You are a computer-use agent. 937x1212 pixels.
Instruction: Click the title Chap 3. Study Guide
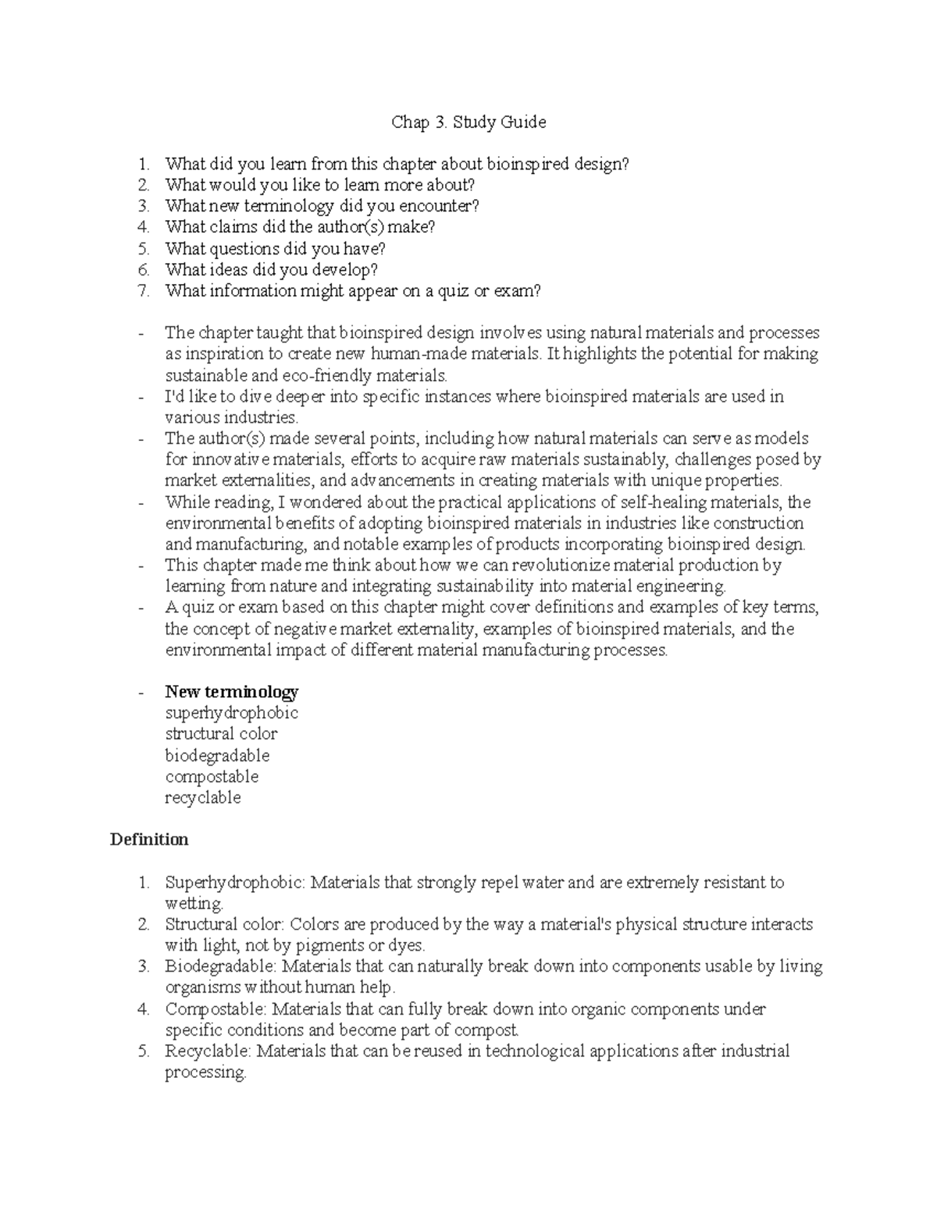tap(468, 122)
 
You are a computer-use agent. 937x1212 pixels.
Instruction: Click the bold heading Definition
tap(149, 840)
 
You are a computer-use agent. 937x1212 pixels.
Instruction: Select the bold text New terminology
tap(231, 691)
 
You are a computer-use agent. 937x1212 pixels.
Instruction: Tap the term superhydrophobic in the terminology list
tap(231, 713)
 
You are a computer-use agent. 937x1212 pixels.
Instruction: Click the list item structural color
tap(221, 734)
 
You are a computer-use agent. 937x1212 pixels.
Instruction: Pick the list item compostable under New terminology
tap(211, 777)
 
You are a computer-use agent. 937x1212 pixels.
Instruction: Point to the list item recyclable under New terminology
tap(202, 798)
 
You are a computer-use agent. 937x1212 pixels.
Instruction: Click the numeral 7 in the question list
tap(143, 291)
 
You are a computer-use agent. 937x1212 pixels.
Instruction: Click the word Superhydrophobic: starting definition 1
tap(236, 883)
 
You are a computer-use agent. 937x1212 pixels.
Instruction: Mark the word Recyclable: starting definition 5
tap(208, 1051)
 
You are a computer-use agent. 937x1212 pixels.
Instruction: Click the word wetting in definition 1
tap(193, 904)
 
